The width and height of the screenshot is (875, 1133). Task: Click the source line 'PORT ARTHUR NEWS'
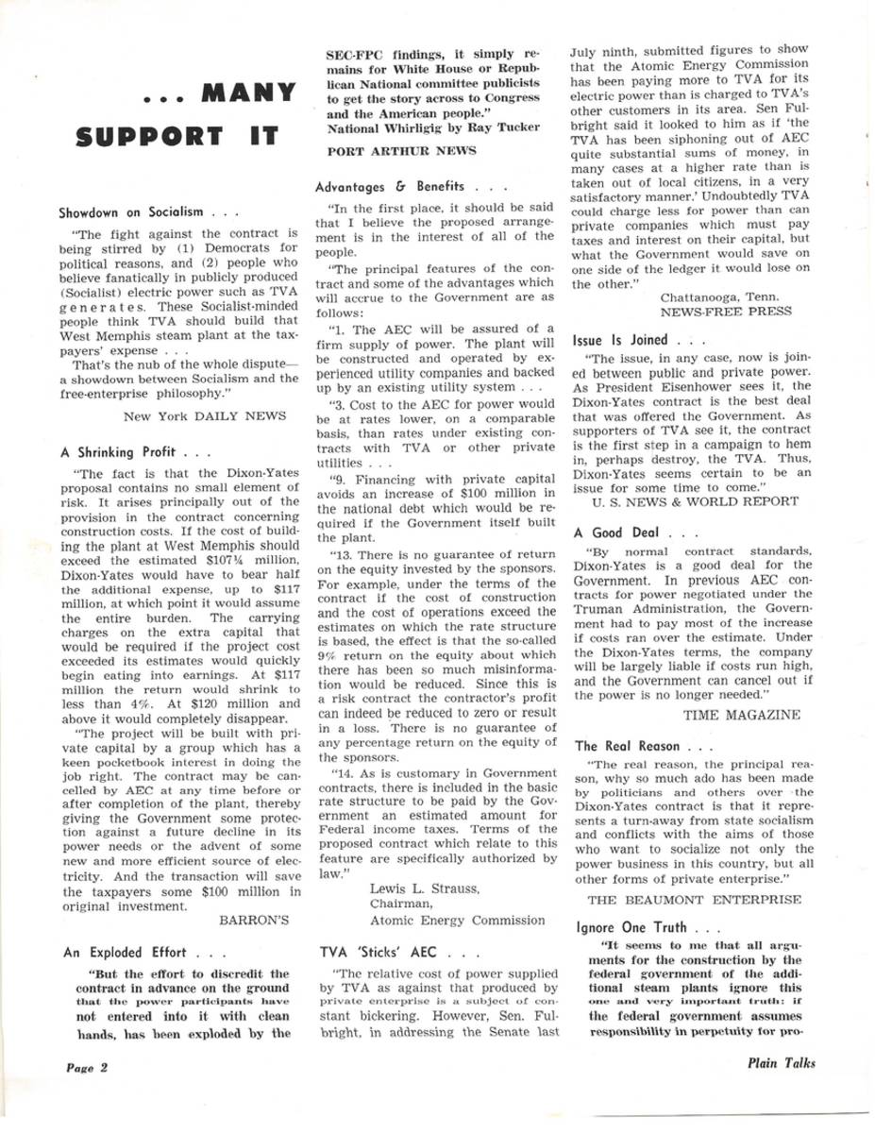coord(385,150)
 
